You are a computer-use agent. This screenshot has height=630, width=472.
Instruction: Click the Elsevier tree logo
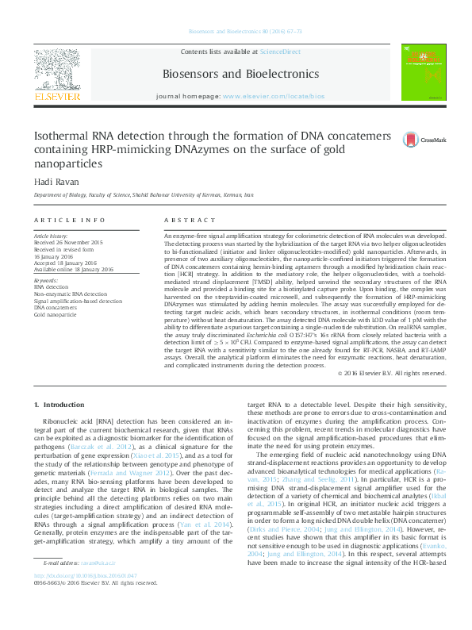point(56,72)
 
